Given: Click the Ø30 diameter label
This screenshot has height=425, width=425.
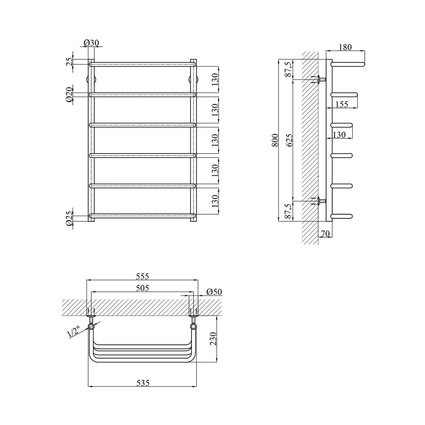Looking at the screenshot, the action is point(91,43).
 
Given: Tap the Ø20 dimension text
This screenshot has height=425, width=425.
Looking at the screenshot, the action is point(69,95).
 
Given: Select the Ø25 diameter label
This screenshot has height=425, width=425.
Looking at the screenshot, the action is point(69,219).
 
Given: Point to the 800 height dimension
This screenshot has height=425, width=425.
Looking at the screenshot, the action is point(275,140).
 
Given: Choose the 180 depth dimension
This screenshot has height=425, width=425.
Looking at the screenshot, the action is point(345,47).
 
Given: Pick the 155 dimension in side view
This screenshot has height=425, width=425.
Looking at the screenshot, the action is point(341,104).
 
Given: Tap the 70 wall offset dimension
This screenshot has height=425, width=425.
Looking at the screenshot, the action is point(326,233).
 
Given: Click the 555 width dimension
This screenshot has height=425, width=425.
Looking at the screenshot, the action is point(142,276).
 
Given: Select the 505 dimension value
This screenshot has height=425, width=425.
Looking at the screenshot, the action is point(142,288).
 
